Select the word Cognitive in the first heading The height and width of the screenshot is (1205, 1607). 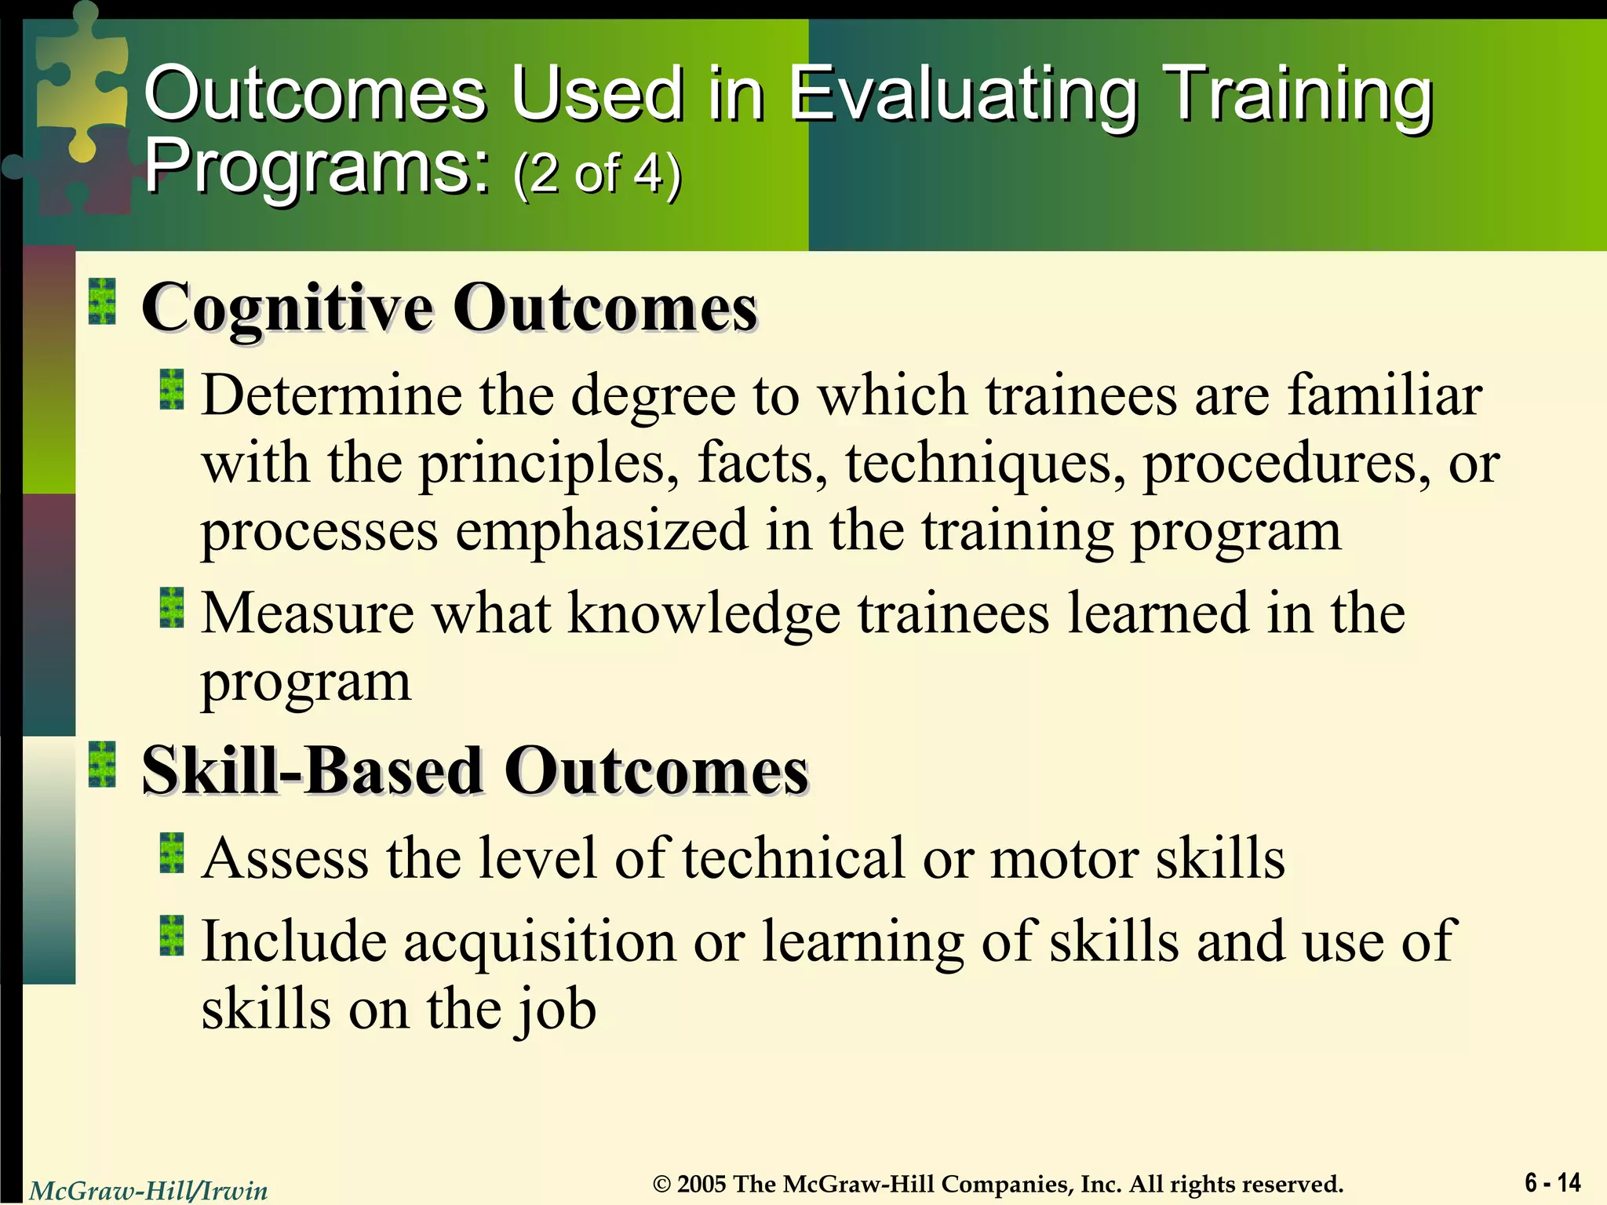(x=287, y=309)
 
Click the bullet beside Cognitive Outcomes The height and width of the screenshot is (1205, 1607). (x=102, y=301)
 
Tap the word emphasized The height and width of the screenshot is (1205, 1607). (x=602, y=532)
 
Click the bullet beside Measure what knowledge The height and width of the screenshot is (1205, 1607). (x=171, y=608)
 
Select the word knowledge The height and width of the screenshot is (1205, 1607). (x=703, y=613)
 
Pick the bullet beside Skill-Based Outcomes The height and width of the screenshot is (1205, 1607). (x=102, y=764)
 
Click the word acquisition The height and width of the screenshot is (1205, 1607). (x=539, y=941)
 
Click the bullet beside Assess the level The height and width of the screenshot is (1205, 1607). (x=171, y=854)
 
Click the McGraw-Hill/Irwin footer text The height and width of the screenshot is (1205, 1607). (x=148, y=1191)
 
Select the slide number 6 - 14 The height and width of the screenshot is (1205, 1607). (x=1552, y=1182)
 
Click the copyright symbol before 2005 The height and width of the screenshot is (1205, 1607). (x=662, y=1184)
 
